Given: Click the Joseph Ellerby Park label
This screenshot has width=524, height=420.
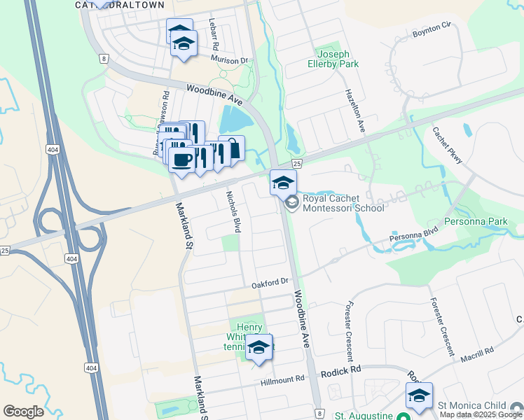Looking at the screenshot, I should tap(338, 59).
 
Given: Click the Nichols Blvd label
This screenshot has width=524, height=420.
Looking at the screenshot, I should tap(232, 211).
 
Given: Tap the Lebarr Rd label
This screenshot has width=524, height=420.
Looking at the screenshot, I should tap(213, 34).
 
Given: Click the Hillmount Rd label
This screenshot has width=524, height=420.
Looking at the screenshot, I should tap(283, 379).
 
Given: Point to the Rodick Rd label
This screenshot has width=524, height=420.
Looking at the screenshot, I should tap(341, 369).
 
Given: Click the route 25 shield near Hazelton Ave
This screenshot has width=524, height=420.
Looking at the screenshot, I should tap(297, 163).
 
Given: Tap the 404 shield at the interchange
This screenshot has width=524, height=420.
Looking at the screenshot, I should tap(71, 258).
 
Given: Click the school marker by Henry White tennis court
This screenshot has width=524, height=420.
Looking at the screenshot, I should tap(258, 346).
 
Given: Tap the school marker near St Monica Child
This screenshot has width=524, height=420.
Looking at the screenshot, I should tap(419, 395).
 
